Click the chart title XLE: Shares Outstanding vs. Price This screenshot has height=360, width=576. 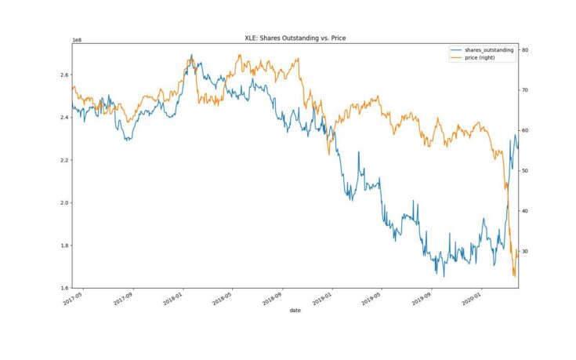(294, 37)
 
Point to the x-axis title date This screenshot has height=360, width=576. (294, 311)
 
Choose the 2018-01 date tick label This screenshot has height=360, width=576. (174, 298)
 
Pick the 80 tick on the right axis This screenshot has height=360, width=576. (526, 50)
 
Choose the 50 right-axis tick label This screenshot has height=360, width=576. (526, 171)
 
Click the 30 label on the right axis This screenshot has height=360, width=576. (526, 252)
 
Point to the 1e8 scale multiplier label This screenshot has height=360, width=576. (77, 39)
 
